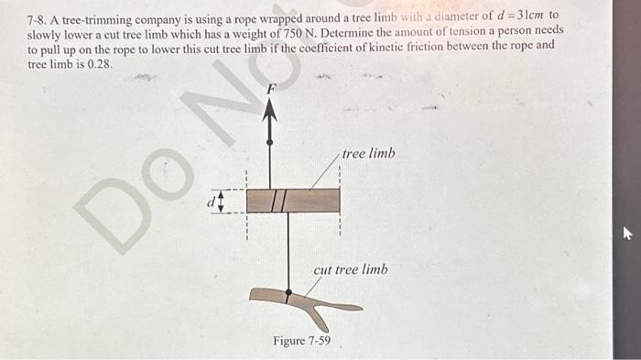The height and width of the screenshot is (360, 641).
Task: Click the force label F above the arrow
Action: (270, 89)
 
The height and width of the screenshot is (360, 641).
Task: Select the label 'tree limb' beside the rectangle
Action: (368, 154)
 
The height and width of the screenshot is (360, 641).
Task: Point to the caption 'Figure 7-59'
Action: (302, 342)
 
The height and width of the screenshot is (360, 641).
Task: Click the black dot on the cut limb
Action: (288, 294)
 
